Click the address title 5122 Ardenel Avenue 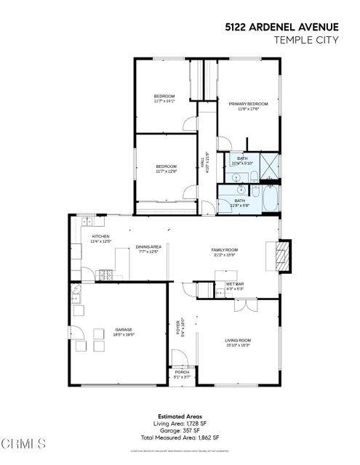point(281,26)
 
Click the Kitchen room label point(100,237)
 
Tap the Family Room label point(225,250)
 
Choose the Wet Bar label point(234,284)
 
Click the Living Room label point(238,340)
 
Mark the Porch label point(182,372)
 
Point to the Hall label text point(203,161)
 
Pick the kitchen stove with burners point(105,275)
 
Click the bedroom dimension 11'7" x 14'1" point(164,102)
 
